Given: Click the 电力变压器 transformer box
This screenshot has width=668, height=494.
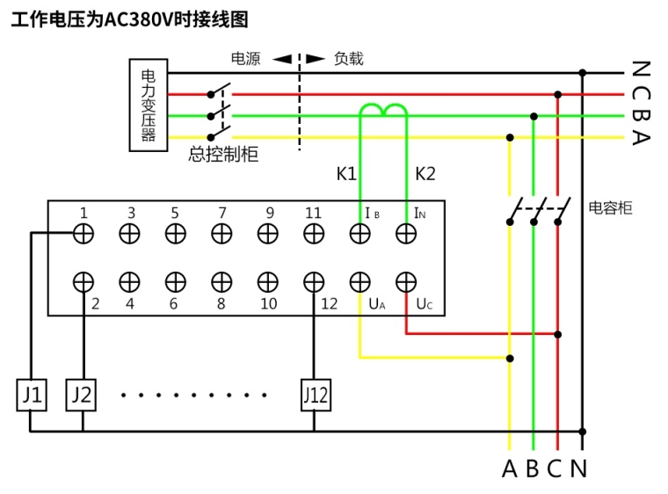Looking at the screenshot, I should coord(148,105).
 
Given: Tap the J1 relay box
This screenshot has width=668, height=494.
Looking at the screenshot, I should coord(31,396).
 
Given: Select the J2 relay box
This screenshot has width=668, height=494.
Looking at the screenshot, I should coord(81,396).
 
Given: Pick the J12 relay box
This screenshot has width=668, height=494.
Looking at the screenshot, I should coord(315,396).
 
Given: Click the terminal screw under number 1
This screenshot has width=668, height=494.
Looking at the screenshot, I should coord(83,233).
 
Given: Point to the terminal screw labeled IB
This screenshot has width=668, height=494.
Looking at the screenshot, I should coord(359,233).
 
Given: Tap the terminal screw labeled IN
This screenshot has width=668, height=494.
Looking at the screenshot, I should coord(405,233).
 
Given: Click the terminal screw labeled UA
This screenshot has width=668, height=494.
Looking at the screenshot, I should coord(359,281).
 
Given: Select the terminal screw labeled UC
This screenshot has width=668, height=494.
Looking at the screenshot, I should coord(405,281).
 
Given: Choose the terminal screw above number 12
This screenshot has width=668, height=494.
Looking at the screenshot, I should coord(314,281).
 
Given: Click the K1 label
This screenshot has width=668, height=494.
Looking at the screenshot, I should coord(346,174).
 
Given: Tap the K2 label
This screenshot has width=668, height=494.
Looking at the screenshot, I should coord(425,174).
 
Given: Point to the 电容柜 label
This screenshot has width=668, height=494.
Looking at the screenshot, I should coord(610,208).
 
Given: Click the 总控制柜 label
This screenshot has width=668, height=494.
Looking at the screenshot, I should coord(223,155).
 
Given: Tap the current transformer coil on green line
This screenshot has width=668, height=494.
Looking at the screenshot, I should coord(383,110).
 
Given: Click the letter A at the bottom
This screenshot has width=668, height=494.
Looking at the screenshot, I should coord(509,469).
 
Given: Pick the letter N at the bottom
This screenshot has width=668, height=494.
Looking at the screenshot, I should coord(578,469).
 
